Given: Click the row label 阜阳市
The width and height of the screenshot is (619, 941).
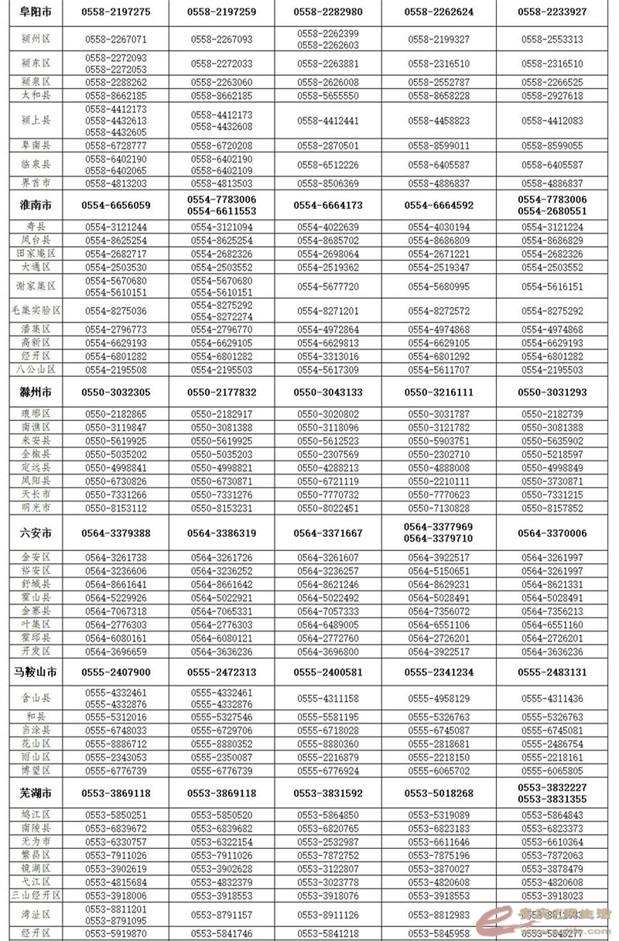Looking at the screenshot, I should point(36,12).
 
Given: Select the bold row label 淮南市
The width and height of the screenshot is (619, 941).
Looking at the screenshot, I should point(36,205).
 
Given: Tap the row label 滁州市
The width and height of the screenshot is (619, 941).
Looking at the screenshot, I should point(36,392).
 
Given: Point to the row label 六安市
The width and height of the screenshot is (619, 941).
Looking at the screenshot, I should point(36,533).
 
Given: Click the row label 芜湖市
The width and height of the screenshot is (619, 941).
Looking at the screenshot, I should point(36,793).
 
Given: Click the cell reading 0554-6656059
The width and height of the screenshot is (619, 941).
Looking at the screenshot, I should point(118,205).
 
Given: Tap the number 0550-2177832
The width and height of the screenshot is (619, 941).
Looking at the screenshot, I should point(224,392).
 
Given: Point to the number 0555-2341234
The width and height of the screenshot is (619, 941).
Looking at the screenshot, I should point(439,672).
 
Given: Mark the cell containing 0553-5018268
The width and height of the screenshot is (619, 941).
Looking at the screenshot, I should point(439,793).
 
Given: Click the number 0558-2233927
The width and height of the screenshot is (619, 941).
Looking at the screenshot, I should point(552,12).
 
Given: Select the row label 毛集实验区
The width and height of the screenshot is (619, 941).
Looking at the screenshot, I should point(36,310).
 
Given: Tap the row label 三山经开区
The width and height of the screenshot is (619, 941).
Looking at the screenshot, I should point(36,895).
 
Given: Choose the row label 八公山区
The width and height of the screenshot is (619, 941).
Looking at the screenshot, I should point(36,371).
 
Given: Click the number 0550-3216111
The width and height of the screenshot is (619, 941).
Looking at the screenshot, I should point(439,392).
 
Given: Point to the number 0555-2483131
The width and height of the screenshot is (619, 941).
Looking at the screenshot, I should point(552,672).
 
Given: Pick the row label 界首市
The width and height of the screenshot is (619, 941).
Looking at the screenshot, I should point(36,183).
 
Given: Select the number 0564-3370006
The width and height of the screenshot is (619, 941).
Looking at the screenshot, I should point(552,533).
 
